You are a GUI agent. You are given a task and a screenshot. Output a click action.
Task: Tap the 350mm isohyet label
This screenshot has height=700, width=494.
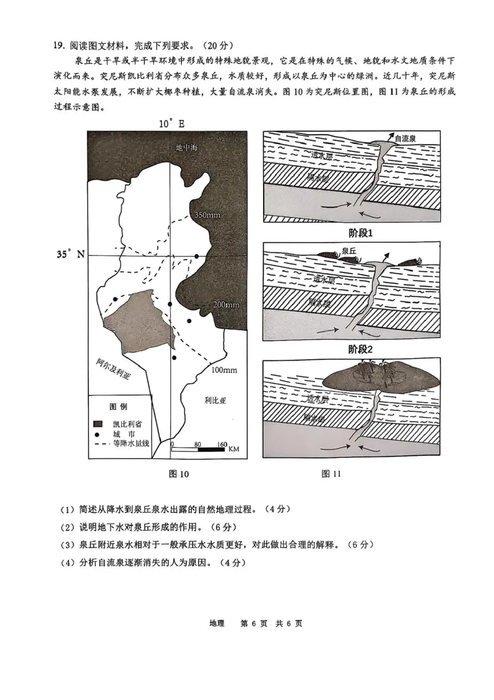point(207,215)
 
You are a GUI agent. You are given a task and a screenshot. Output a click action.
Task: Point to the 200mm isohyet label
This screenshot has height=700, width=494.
point(226,305)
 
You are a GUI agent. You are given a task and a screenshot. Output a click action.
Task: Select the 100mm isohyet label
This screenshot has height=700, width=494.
point(224,369)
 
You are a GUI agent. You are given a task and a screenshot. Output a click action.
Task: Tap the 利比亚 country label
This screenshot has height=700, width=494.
point(216,400)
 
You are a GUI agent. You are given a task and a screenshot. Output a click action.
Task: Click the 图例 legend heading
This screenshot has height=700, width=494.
point(118,407)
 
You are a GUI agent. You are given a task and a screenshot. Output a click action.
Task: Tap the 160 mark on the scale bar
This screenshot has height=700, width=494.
point(222,444)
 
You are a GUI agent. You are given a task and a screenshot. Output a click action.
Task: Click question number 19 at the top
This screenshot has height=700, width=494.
point(59,45)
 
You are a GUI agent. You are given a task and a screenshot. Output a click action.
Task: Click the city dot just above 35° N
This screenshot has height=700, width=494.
point(197,256)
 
